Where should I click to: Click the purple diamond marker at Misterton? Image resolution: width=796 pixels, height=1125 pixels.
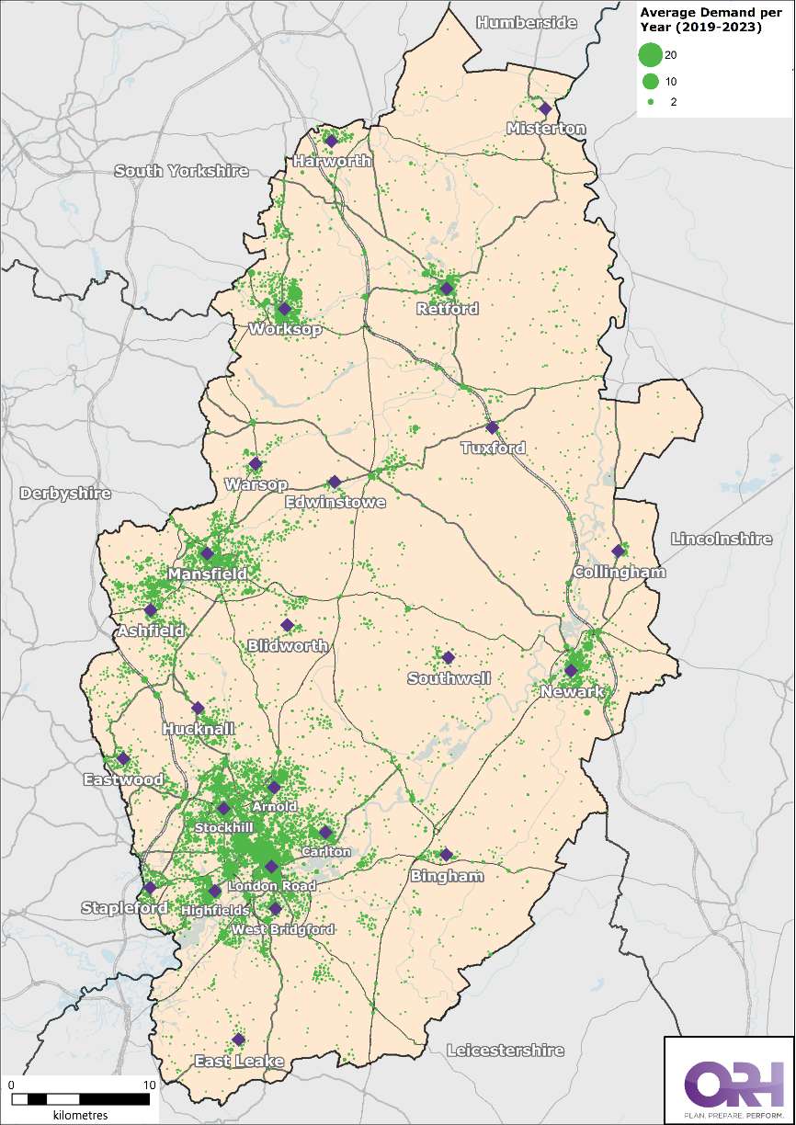(x=545, y=108)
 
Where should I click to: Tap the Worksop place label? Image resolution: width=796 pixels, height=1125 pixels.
(x=284, y=329)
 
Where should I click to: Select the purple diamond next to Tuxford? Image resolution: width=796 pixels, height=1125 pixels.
(x=492, y=427)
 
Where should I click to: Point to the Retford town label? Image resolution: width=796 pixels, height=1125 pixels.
(x=448, y=309)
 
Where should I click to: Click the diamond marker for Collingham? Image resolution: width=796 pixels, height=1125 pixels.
(x=618, y=551)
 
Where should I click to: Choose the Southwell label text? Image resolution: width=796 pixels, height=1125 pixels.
(x=449, y=678)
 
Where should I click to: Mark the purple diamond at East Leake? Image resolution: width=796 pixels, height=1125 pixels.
(x=238, y=1040)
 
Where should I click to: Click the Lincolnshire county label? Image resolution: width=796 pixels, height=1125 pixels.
(x=722, y=540)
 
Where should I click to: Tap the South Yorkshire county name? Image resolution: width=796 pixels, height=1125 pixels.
(x=182, y=171)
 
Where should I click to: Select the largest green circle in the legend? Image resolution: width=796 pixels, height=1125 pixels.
(x=650, y=55)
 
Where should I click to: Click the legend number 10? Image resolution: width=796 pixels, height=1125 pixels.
(x=671, y=81)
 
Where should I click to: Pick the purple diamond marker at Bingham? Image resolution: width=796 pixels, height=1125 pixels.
(x=447, y=855)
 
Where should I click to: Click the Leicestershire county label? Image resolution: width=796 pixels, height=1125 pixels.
(x=505, y=1050)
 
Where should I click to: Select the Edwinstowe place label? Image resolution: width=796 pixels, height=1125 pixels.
(x=335, y=503)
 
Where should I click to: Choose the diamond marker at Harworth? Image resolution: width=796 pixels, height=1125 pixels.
(x=331, y=141)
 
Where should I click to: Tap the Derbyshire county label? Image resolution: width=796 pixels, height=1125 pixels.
(x=65, y=494)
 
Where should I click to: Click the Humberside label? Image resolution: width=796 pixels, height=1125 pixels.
(x=527, y=22)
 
